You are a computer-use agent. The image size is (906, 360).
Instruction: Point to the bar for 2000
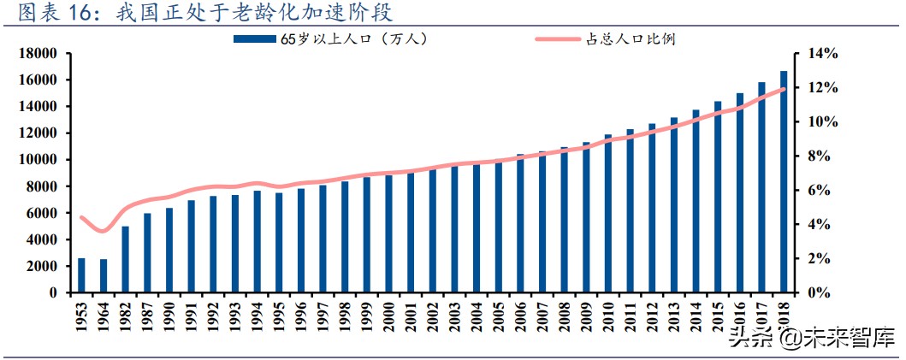(x=388, y=233)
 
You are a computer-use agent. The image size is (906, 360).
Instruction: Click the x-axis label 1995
(x=279, y=322)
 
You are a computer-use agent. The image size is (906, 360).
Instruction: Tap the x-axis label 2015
(x=718, y=322)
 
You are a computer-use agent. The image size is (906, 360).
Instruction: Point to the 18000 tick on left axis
(x=39, y=54)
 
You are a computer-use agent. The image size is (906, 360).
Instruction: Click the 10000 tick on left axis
(x=39, y=160)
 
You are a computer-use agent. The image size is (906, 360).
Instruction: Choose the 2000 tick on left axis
(x=43, y=266)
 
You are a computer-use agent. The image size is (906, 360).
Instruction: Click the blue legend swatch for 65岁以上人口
(x=255, y=38)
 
